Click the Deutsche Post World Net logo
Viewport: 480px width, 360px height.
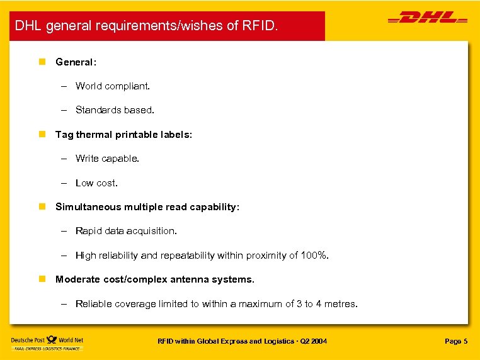tap(47, 343)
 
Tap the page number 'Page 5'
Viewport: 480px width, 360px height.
tap(456, 341)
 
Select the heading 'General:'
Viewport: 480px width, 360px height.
tap(76, 62)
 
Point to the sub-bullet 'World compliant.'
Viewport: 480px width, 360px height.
tap(113, 86)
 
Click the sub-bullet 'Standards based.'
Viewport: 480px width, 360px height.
tap(115, 110)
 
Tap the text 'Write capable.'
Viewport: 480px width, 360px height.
tap(107, 159)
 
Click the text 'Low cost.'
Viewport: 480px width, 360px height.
tap(96, 183)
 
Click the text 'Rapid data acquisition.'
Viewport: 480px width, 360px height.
tap(126, 231)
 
